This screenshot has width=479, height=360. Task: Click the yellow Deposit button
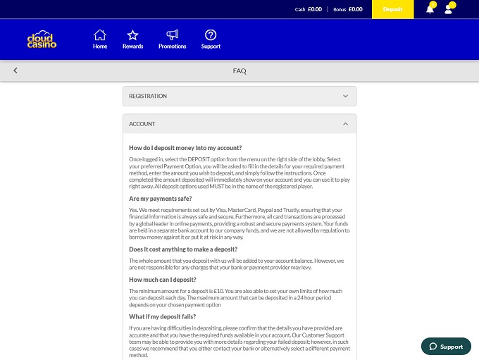(392, 9)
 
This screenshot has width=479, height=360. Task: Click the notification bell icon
(430, 9)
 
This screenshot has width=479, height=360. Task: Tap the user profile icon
(449, 9)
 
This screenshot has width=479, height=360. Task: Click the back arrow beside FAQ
(15, 70)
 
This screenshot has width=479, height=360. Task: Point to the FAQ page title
(240, 70)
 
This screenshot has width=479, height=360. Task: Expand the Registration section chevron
(345, 96)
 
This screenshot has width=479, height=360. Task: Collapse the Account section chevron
(345, 124)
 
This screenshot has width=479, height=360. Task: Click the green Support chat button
(446, 347)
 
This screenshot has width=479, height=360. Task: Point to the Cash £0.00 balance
(308, 9)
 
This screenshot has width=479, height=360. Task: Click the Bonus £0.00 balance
(348, 9)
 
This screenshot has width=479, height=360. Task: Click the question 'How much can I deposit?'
(162, 280)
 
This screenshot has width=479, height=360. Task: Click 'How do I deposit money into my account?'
(185, 148)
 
